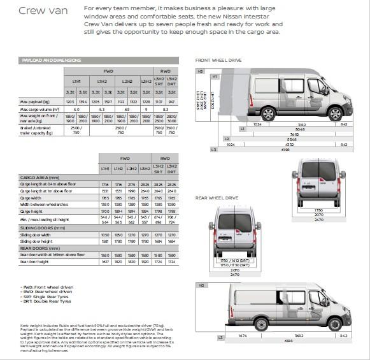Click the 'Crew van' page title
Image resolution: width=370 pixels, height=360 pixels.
click(x=43, y=10)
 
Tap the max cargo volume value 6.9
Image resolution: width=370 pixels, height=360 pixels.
click(x=126, y=110)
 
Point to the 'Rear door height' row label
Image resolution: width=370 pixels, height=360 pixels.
click(x=36, y=261)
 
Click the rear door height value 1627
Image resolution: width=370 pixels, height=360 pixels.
click(x=104, y=261)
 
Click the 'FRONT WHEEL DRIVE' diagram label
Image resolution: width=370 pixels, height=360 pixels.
click(x=218, y=60)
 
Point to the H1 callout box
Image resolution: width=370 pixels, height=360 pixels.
click(x=215, y=76)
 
